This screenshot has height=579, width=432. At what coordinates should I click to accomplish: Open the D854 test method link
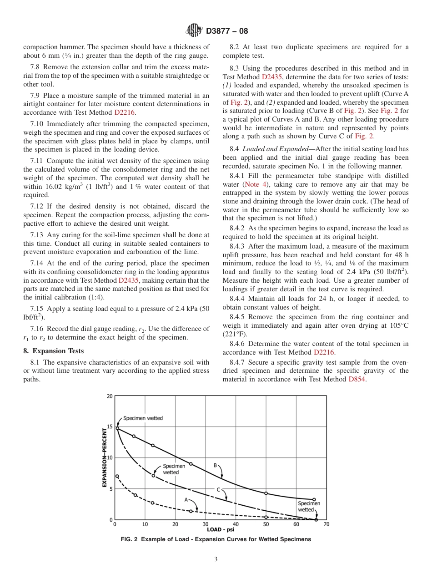click(x=357, y=379)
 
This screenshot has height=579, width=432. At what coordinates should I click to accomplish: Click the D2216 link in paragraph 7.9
click(x=125, y=112)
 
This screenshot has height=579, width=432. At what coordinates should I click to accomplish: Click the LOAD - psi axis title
click(x=221, y=529)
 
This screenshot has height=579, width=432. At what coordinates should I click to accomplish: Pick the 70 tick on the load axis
click(x=326, y=524)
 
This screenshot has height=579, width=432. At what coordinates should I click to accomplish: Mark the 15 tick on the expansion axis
click(x=109, y=427)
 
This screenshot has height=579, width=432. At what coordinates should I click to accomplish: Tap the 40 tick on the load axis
click(x=236, y=524)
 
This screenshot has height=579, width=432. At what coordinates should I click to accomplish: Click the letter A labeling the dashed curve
click(x=186, y=499)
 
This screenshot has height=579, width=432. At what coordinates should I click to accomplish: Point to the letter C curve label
click(x=218, y=490)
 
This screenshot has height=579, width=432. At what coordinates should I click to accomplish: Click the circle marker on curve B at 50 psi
click(x=266, y=493)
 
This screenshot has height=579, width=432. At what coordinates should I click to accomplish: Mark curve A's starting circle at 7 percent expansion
click(x=117, y=476)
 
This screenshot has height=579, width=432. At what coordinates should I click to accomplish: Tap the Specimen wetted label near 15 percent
click(x=143, y=418)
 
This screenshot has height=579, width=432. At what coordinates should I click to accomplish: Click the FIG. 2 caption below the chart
click(x=216, y=539)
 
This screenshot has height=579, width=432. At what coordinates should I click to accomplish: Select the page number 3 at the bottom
click(x=216, y=559)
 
